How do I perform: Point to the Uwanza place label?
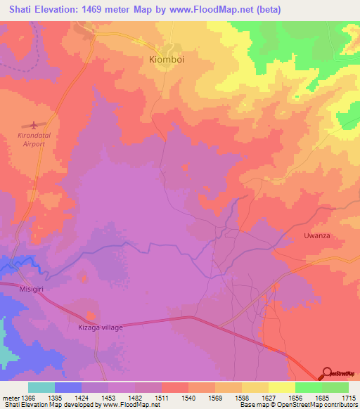pyautogui.click(x=316, y=236)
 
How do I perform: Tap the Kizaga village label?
pyautogui.click(x=101, y=327)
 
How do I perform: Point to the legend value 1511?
pyautogui.click(x=162, y=397)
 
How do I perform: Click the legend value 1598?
pyautogui.click(x=242, y=397)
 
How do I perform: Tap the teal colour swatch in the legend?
pyautogui.click(x=41, y=387)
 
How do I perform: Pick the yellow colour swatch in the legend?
pyautogui.click(x=282, y=387)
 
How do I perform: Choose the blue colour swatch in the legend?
pyautogui.click(x=68, y=387)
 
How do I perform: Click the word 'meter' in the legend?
pyautogui.click(x=9, y=397)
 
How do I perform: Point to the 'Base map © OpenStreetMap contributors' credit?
pyautogui.click(x=298, y=405)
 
